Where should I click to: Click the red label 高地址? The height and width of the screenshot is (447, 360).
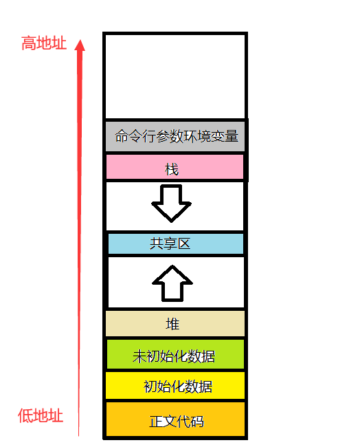click(44, 43)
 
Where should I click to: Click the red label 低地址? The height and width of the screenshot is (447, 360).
click(41, 415)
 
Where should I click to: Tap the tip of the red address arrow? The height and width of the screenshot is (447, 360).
click(80, 40)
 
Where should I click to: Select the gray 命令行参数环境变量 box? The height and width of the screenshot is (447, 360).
click(175, 136)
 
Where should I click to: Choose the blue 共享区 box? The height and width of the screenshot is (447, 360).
click(176, 243)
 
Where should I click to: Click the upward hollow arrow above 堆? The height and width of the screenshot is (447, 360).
click(172, 283)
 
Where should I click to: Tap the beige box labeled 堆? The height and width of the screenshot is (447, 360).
click(175, 324)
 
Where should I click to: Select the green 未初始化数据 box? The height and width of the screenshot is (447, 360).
click(175, 354)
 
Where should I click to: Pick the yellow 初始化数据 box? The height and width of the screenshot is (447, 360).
click(175, 385)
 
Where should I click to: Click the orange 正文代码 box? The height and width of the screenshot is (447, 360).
click(175, 419)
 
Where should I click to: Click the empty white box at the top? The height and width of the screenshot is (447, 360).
click(175, 76)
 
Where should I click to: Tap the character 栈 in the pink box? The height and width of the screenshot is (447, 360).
click(172, 169)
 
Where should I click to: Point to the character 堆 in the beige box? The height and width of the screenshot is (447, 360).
click(172, 324)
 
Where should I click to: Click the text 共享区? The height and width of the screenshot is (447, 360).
click(170, 244)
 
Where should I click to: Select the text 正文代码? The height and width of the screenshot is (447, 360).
click(177, 422)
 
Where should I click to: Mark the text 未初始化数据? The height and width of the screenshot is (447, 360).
click(174, 357)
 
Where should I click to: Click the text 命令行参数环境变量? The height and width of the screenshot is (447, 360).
click(177, 136)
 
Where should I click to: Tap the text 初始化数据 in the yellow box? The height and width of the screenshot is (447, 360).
click(178, 387)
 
